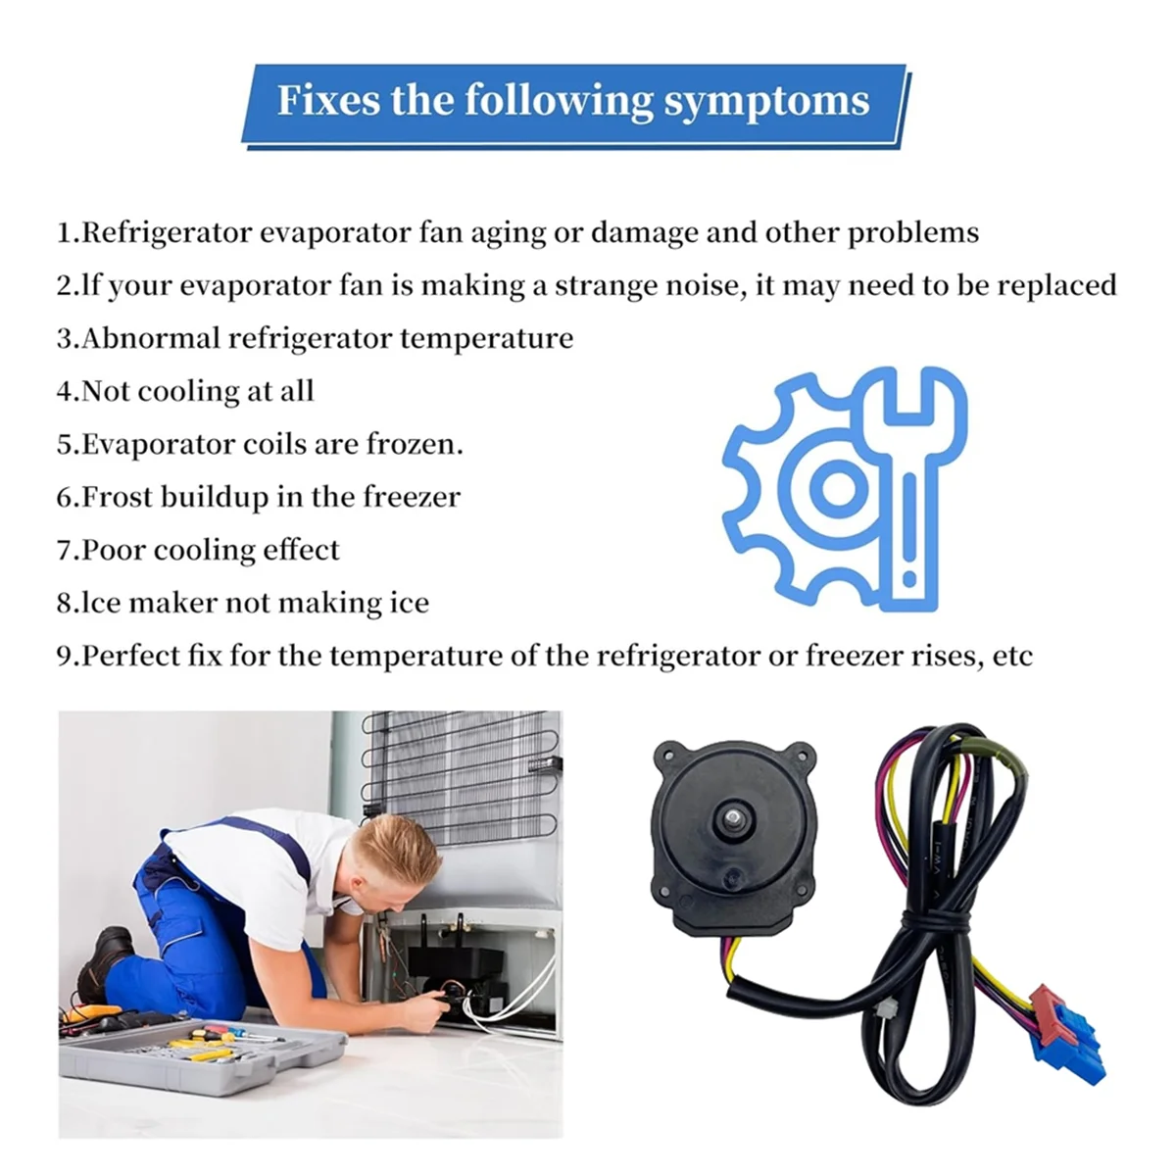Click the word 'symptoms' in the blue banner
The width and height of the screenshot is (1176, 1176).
pyautogui.click(x=766, y=102)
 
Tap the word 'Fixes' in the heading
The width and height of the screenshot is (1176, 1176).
pyautogui.click(x=329, y=100)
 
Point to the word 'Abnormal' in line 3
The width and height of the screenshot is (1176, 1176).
pyautogui.click(x=151, y=338)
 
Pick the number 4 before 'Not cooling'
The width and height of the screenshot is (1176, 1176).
pyautogui.click(x=65, y=392)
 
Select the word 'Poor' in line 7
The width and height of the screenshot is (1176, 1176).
pyautogui.click(x=113, y=550)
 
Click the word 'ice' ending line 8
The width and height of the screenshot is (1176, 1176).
pyautogui.click(x=409, y=603)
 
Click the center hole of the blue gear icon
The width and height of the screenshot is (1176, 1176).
pyautogui.click(x=839, y=487)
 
